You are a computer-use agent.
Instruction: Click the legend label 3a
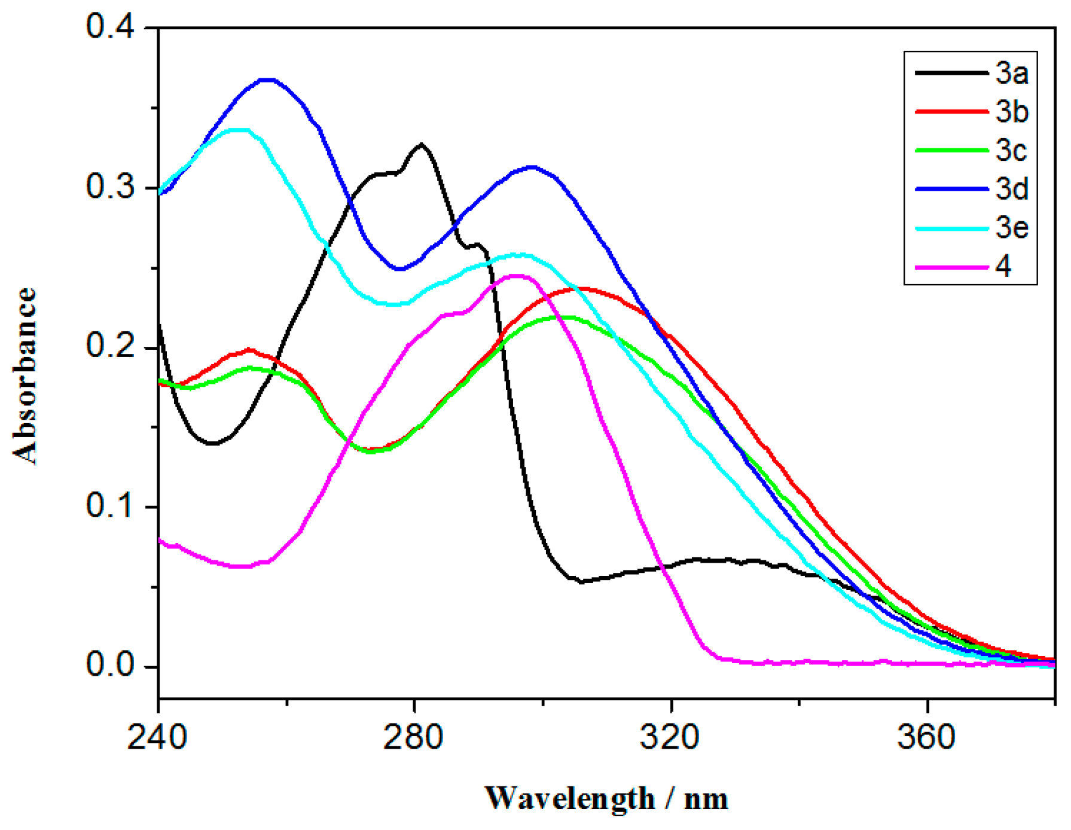coord(1011,74)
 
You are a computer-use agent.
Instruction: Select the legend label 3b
coord(1011,112)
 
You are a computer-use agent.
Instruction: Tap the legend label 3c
coord(1011,150)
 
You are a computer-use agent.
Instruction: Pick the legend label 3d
coord(1011,189)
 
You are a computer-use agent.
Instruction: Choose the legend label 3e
coord(1011,228)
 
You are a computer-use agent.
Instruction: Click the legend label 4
coord(1003,266)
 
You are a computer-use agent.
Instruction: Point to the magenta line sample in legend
coord(951,267)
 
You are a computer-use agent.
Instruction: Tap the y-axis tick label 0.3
coord(110,187)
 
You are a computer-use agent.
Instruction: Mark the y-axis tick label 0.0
coord(110,665)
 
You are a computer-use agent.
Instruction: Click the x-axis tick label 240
coord(157,737)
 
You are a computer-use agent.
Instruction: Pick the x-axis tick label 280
coord(413,737)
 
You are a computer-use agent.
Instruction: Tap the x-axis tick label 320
coord(670,737)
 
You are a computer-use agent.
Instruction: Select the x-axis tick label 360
coord(926,737)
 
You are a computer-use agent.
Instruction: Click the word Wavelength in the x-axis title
coord(570,798)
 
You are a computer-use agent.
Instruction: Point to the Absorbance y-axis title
coord(25,376)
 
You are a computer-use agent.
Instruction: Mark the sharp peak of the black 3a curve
coord(422,144)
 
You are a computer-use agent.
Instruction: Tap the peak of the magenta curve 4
coord(516,276)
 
